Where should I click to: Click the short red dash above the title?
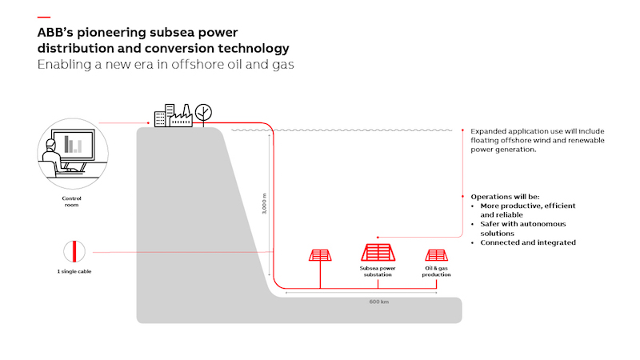pyautogui.click(x=43, y=17)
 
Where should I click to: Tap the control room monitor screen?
pyautogui.click(x=75, y=145)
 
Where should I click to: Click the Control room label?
pyautogui.click(x=72, y=201)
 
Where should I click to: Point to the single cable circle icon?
pyautogui.click(x=72, y=251)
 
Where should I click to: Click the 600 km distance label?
pyautogui.click(x=378, y=302)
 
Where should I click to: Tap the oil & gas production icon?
pyautogui.click(x=436, y=255)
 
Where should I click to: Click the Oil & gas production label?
pyautogui.click(x=436, y=271)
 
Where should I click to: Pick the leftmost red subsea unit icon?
pyautogui.click(x=320, y=256)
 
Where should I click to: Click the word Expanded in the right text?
pyautogui.click(x=488, y=130)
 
